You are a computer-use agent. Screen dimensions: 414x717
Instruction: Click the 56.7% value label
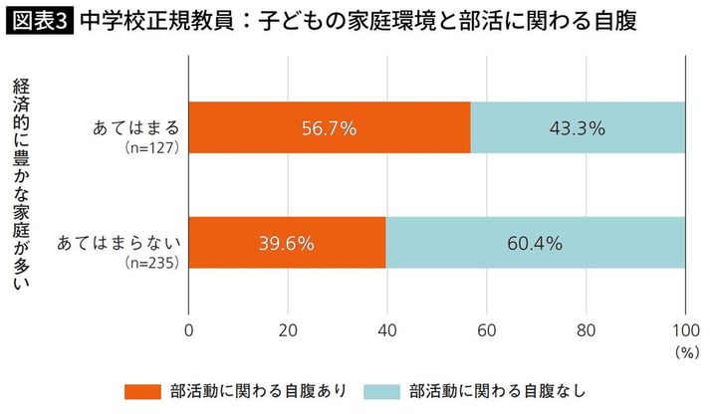click(329, 128)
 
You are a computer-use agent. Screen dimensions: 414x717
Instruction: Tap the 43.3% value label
click(578, 128)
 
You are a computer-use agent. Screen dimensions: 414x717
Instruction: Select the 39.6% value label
click(287, 242)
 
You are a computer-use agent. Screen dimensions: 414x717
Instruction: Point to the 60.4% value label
click(536, 242)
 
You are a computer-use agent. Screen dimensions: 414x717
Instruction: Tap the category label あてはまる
click(133, 128)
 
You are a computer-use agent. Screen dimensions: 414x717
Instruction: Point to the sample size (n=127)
click(150, 148)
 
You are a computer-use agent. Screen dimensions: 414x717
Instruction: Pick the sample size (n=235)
click(150, 263)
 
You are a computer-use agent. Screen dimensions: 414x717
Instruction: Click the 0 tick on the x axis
click(189, 329)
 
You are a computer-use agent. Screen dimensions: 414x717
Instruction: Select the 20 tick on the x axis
click(288, 329)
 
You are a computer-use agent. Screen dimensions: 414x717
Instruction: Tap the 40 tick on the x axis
click(387, 329)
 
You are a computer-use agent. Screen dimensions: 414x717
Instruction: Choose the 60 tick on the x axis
click(486, 329)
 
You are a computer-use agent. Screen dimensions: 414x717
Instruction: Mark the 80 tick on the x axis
click(586, 329)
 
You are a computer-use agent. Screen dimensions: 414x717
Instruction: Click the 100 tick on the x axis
click(684, 329)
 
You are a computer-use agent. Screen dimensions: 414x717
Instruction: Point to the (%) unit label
click(687, 351)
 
